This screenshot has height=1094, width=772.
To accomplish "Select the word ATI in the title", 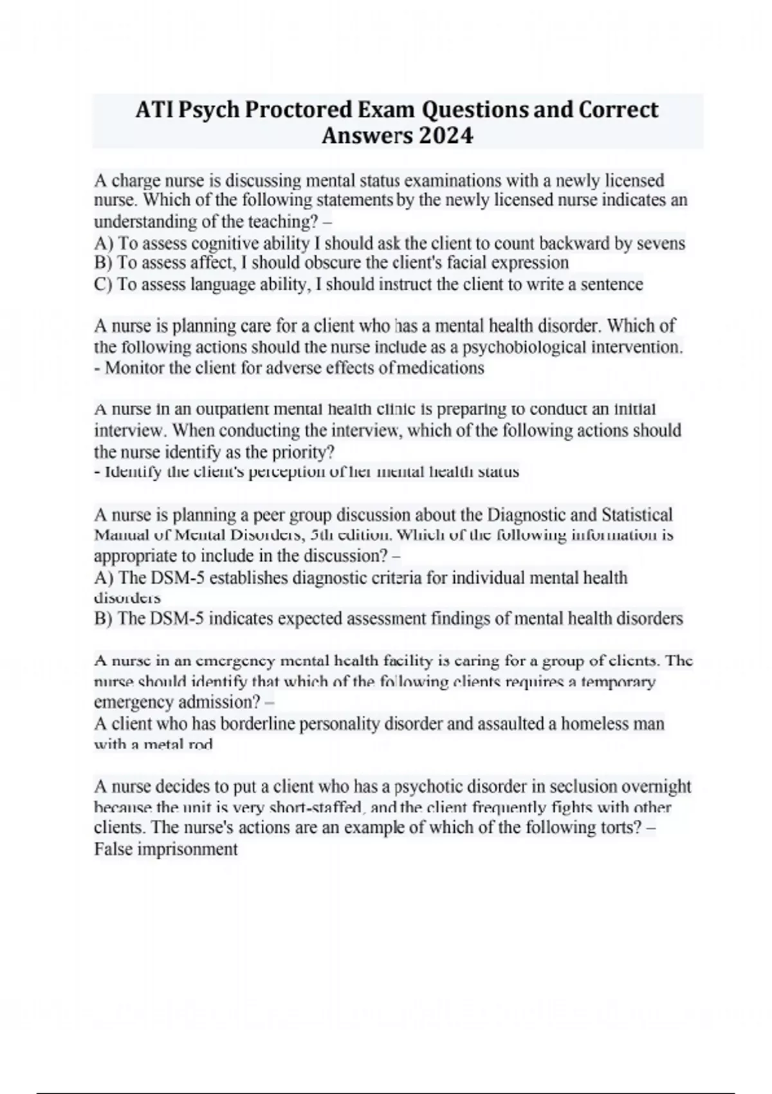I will [x=154, y=109].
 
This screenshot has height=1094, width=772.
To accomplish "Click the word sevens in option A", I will [x=661, y=243].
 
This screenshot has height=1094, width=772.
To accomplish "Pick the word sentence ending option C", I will [x=612, y=284].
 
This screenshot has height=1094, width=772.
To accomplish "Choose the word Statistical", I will [x=637, y=514].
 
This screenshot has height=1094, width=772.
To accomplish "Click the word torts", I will [x=620, y=827].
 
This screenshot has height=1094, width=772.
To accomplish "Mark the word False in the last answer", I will [x=114, y=849].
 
